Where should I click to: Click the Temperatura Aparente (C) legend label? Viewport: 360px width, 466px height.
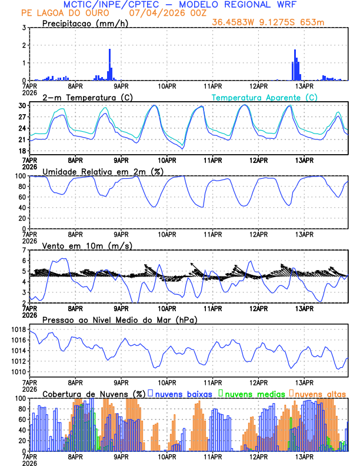(264, 97)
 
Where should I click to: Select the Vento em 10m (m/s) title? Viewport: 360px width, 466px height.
(87, 245)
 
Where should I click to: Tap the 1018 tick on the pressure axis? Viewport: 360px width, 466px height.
(15, 329)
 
